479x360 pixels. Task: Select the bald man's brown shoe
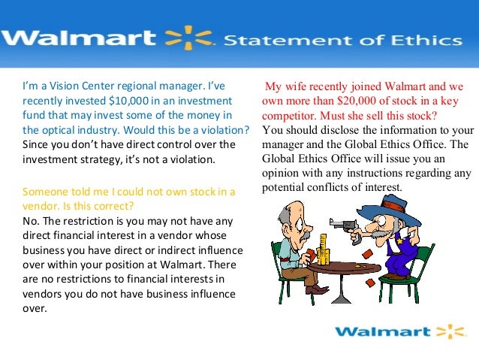[x=316, y=289]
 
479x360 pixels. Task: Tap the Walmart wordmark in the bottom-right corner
[x=381, y=331]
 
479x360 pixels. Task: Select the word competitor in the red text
[x=289, y=117]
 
